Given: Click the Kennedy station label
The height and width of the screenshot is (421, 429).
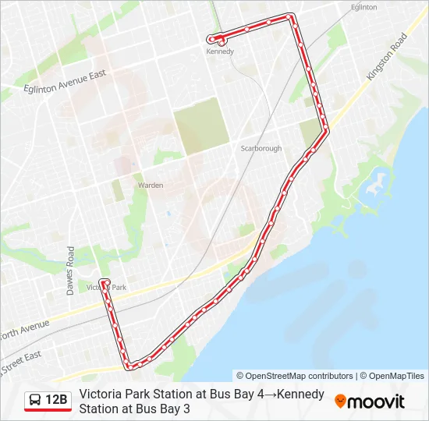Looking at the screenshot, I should (220, 52).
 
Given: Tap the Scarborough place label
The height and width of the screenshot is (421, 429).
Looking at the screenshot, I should (261, 148).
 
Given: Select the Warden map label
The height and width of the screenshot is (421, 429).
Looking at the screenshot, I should (150, 186).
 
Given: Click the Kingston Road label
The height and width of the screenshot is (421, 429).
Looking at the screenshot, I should (388, 56).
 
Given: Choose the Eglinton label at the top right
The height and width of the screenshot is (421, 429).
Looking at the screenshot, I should (363, 7).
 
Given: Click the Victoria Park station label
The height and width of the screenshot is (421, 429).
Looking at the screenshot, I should (109, 288).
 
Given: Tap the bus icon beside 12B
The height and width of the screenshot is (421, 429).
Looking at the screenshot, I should (36, 401).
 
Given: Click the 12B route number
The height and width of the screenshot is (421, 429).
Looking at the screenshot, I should (57, 401).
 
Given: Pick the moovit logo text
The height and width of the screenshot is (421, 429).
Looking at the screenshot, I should (376, 402).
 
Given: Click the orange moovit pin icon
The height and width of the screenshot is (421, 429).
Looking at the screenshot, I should (341, 402).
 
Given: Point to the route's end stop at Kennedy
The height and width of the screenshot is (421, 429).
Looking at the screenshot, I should (211, 39).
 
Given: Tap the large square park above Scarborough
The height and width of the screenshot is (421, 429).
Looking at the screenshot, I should (201, 124).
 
